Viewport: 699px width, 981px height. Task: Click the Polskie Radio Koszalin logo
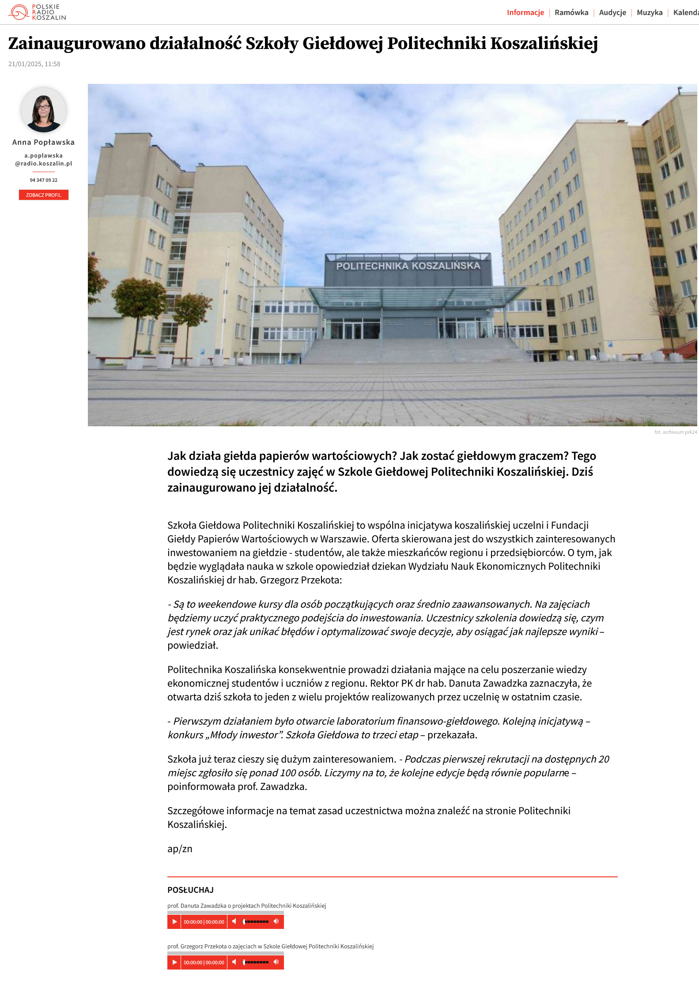pyautogui.click(x=37, y=12)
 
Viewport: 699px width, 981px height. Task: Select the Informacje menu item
pyautogui.click(x=525, y=12)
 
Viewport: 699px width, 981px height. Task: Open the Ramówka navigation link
pyautogui.click(x=571, y=12)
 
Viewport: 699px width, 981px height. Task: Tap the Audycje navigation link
pyautogui.click(x=612, y=12)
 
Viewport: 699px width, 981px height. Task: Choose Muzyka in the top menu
pyautogui.click(x=650, y=12)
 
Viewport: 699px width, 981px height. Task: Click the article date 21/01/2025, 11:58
pyautogui.click(x=34, y=64)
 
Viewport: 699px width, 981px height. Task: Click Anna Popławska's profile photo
pyautogui.click(x=43, y=110)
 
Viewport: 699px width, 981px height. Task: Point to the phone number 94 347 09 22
pyautogui.click(x=43, y=180)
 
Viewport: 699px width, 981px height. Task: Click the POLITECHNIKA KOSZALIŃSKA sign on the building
pyautogui.click(x=408, y=266)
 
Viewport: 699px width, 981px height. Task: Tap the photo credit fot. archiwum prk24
pyautogui.click(x=676, y=432)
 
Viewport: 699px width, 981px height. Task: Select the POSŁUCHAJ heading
pyautogui.click(x=190, y=890)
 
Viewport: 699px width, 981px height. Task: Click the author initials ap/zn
pyautogui.click(x=180, y=849)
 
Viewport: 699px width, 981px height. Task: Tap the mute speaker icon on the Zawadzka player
pyautogui.click(x=234, y=921)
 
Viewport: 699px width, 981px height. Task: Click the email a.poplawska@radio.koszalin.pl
pyautogui.click(x=43, y=159)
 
